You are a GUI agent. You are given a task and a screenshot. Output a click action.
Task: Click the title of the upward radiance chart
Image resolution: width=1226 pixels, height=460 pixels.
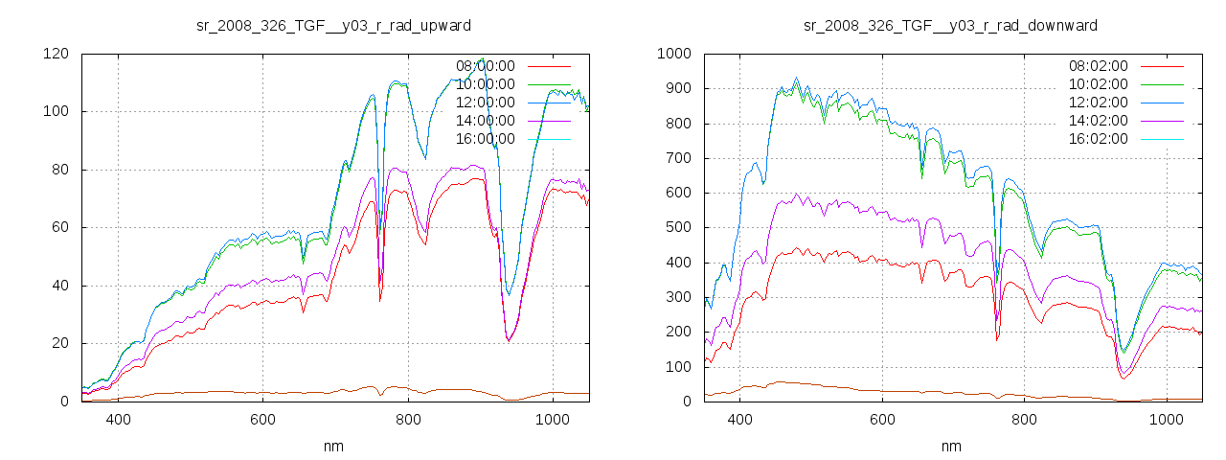(333, 25)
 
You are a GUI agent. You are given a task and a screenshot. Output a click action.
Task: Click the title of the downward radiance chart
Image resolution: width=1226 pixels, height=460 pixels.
(950, 25)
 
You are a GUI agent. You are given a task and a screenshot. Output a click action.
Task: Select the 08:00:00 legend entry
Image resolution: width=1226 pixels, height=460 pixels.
(486, 66)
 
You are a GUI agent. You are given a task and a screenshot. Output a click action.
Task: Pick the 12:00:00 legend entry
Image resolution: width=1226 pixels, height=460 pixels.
(486, 103)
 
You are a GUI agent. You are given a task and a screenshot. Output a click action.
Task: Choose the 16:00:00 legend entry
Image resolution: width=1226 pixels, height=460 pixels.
(486, 139)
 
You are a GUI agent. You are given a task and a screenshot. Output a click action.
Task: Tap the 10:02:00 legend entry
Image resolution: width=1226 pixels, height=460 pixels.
(1099, 84)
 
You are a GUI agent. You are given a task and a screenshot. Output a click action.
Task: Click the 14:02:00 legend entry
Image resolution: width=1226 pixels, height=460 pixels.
(1099, 121)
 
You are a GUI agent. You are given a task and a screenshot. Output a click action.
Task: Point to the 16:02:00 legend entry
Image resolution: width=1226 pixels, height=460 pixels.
(1099, 139)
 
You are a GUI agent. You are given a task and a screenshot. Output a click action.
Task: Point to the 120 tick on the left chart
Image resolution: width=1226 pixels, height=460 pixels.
(56, 54)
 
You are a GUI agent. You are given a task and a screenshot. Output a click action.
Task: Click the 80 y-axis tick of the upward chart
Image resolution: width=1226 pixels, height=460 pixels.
(59, 170)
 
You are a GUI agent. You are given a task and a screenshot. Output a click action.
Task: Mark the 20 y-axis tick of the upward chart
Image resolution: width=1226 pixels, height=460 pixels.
(59, 343)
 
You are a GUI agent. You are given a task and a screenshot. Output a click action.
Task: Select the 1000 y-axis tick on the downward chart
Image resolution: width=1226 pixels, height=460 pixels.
(673, 54)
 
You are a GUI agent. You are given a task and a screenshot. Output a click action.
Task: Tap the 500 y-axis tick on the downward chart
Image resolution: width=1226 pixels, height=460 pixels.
(677, 227)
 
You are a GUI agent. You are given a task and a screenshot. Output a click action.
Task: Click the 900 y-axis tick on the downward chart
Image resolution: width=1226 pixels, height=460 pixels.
(677, 88)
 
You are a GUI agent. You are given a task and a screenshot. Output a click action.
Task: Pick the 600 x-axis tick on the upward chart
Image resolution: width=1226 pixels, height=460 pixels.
(263, 419)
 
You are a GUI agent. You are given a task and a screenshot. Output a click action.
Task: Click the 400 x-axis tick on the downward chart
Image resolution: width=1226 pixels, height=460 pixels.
(739, 419)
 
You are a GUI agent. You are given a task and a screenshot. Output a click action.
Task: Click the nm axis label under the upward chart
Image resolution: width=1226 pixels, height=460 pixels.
(333, 446)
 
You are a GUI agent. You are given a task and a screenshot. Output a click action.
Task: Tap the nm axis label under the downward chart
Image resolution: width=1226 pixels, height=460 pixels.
(950, 446)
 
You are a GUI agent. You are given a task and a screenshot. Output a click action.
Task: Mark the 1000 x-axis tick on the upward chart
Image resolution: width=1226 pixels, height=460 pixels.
(553, 419)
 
